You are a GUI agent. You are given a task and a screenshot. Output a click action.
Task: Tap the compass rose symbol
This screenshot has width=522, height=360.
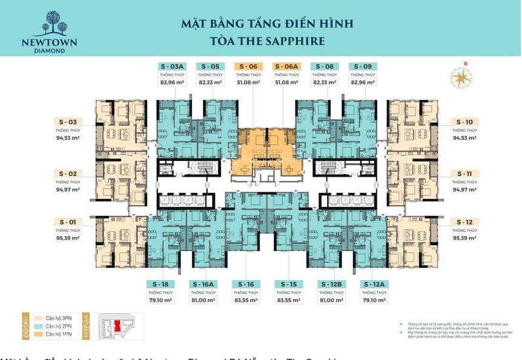click(x=458, y=77)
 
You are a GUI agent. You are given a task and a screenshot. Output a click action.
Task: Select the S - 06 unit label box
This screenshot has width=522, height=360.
click(x=248, y=67)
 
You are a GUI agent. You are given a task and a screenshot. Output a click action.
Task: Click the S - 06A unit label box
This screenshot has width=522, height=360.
click(x=286, y=67)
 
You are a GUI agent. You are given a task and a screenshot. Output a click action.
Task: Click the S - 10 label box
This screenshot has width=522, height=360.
click(x=464, y=122)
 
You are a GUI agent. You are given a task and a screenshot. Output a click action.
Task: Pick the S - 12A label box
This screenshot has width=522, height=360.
click(x=374, y=284)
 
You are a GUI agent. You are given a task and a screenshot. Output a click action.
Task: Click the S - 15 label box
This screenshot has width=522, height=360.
click(x=288, y=284)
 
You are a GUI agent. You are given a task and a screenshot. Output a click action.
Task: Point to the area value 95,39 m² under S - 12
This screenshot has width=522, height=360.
click(x=464, y=238)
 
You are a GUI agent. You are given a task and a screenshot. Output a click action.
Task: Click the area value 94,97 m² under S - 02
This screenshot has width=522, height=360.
click(x=68, y=190)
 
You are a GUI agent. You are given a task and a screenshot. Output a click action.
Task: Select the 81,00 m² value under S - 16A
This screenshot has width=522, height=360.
click(x=203, y=300)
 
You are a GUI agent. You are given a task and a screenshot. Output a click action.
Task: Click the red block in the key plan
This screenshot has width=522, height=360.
click(x=117, y=326)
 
